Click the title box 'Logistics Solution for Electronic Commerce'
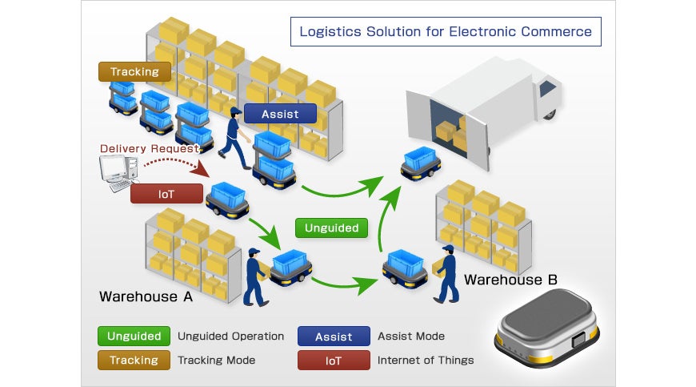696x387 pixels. tap(446, 31)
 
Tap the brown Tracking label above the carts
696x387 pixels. tap(134, 71)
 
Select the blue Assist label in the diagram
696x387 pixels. tap(280, 114)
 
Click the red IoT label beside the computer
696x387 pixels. tap(166, 194)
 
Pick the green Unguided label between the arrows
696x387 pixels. tap(331, 228)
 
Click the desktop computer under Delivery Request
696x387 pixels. tap(118, 172)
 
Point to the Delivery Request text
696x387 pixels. tap(149, 148)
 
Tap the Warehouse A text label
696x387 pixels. tap(146, 296)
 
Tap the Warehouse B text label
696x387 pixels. tap(510, 280)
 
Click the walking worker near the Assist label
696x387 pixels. tap(235, 138)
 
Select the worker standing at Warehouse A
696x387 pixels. tap(255, 277)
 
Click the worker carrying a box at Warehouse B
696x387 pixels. tap(447, 274)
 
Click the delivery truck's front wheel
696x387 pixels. tap(550, 115)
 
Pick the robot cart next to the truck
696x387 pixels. tap(420, 163)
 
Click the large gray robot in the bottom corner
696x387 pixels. tap(547, 328)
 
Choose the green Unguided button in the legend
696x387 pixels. tap(134, 336)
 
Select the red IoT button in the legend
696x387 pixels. tap(334, 361)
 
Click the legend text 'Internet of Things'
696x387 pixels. tap(426, 360)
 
